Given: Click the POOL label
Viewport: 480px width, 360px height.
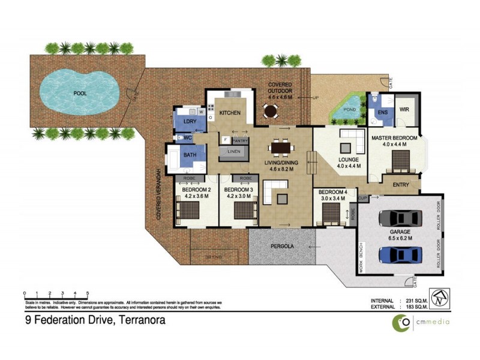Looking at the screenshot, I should click(79, 94).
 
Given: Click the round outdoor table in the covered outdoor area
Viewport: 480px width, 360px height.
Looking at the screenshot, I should click(271, 111).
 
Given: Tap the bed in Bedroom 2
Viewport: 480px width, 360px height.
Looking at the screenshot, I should click(191, 211).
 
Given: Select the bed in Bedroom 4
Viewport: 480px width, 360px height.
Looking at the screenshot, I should click(331, 213).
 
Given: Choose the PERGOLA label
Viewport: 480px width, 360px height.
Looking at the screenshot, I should click(281, 246).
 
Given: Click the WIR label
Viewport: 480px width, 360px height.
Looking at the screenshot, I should click(404, 109).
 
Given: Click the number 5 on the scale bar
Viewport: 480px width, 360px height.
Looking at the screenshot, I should click(88, 293).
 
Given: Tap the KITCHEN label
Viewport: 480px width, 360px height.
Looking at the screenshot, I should click(229, 113).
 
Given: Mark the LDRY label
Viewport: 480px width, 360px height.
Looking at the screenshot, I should click(181, 121).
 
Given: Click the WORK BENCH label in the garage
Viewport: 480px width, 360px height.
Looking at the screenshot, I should click(361, 260).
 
